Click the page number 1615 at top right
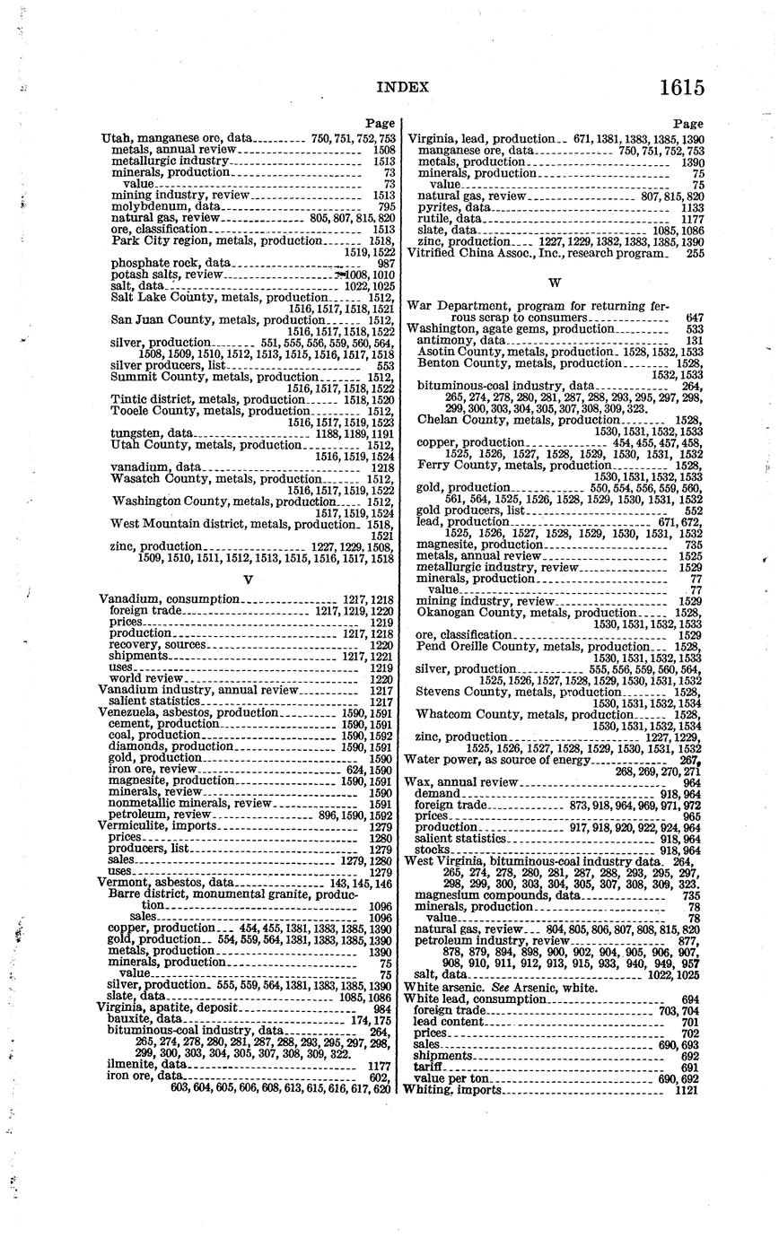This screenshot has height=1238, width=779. coord(681,88)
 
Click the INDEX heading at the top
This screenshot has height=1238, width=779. coord(402,87)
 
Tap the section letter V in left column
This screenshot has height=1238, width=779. coord(249,580)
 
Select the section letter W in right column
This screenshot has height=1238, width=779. coord(554,283)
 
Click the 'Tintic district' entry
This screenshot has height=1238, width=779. coord(150,399)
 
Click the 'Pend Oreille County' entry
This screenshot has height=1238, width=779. coord(469,646)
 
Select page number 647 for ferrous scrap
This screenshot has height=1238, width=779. coord(693,318)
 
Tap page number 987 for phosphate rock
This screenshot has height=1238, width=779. coord(386,263)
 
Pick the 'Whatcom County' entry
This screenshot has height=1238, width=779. coord(462,714)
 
